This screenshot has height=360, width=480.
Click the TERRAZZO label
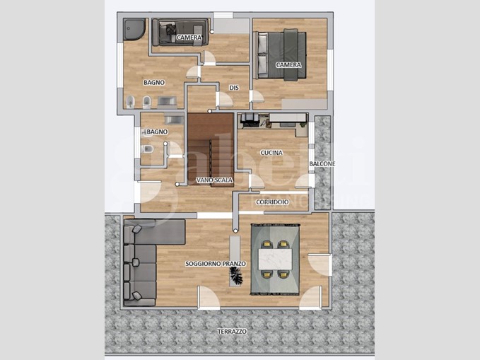[x=232, y=332]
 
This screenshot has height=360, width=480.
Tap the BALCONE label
[x=322, y=164]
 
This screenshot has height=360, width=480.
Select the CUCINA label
[x=271, y=153]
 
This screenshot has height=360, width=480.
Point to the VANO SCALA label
[x=214, y=180]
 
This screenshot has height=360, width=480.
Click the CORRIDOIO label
[x=272, y=202]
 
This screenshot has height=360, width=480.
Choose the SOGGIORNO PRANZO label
[x=216, y=264]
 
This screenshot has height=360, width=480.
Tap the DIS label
[x=234, y=88]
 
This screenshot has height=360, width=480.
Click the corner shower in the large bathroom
[x=134, y=29]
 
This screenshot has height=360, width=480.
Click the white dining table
[x=275, y=259]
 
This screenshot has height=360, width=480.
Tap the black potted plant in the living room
[x=236, y=275]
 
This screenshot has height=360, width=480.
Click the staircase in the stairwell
[x=211, y=149]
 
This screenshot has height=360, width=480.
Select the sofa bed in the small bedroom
[x=180, y=32]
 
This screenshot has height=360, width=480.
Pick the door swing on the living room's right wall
[x=320, y=265]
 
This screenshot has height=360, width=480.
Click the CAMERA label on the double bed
[x=288, y=65]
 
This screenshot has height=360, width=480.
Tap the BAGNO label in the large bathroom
[x=154, y=83]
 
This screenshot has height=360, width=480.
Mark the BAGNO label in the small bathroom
[x=158, y=132]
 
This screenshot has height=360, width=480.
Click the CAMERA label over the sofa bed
[x=189, y=37]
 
